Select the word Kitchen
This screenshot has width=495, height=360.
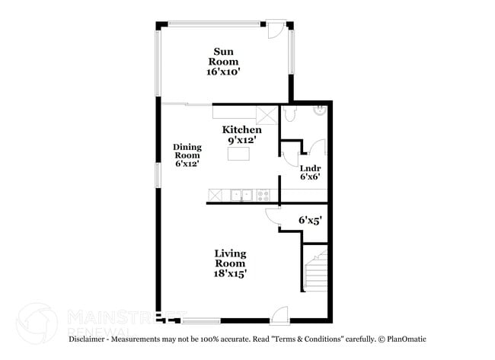tap(241, 130)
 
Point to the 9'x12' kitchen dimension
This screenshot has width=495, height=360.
tap(241, 140)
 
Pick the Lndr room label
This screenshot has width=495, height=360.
tap(309, 167)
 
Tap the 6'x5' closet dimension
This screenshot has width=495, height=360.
tap(310, 220)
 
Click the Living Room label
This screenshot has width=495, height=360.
tap(229, 258)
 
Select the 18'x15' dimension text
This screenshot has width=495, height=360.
tap(229, 272)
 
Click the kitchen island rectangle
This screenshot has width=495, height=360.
tap(240, 154)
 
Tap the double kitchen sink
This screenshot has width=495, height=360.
tap(243, 196)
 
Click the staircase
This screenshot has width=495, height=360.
tap(315, 270)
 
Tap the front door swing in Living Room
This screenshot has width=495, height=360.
tap(279, 314)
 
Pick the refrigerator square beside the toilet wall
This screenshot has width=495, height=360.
tap(267, 114)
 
